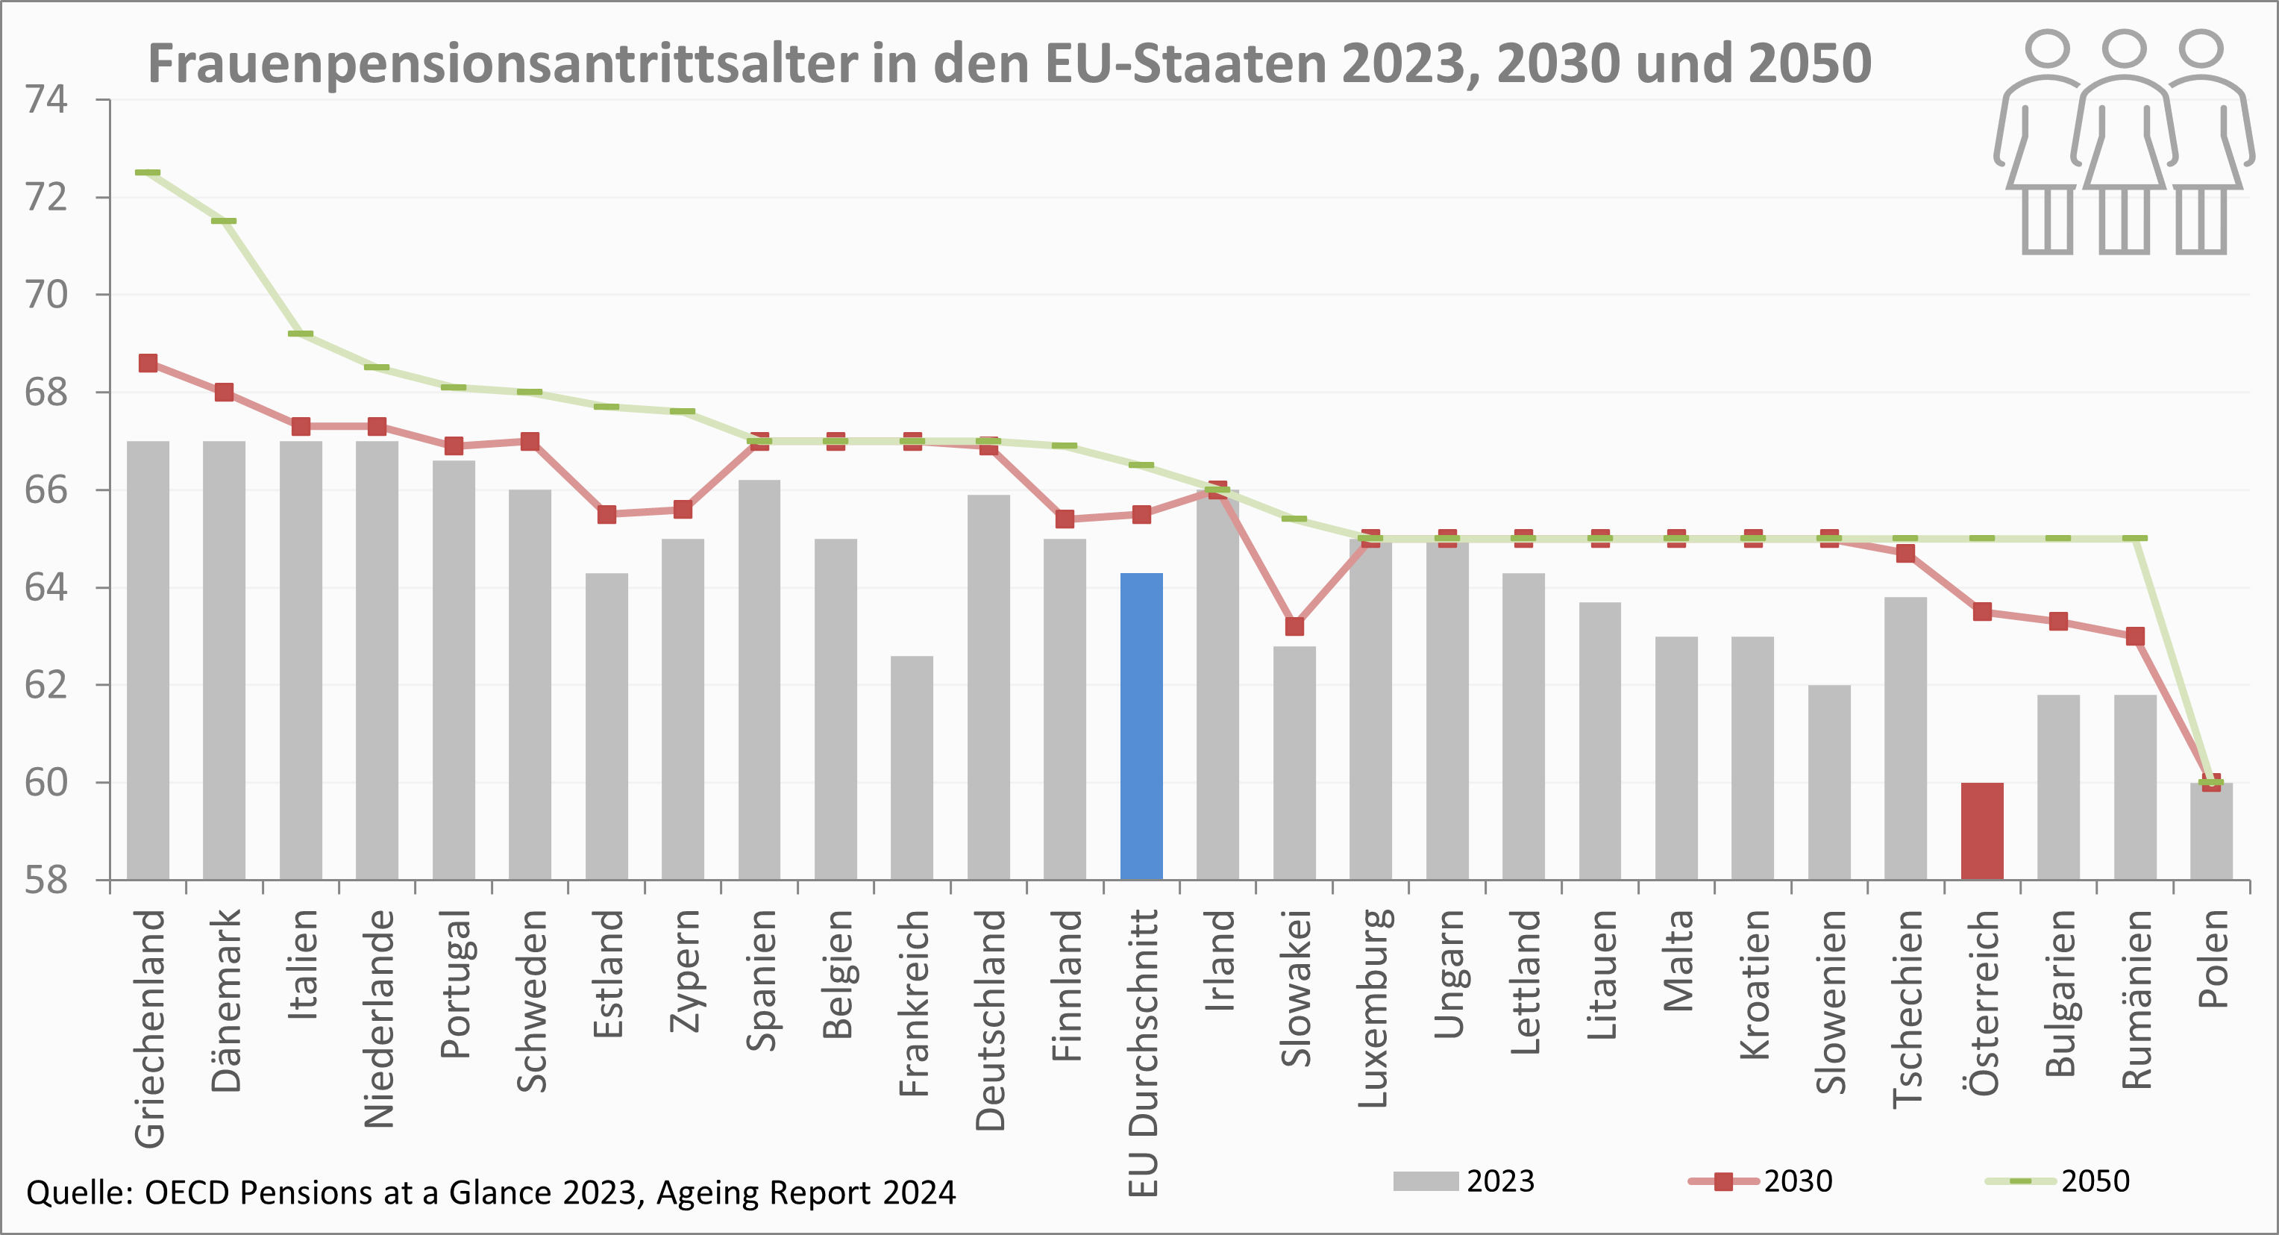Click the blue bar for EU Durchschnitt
tap(1141, 725)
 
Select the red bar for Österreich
tap(1982, 831)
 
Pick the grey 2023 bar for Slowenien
tap(1828, 782)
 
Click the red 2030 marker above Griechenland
tap(148, 363)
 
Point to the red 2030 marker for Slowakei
tap(1294, 626)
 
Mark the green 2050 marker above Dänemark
tap(224, 221)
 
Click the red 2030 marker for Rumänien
tap(2135, 636)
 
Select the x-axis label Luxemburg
tap(1372, 1009)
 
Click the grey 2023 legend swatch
tap(1426, 1181)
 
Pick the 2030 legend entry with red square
tap(1761, 1181)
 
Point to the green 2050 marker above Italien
tap(301, 334)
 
